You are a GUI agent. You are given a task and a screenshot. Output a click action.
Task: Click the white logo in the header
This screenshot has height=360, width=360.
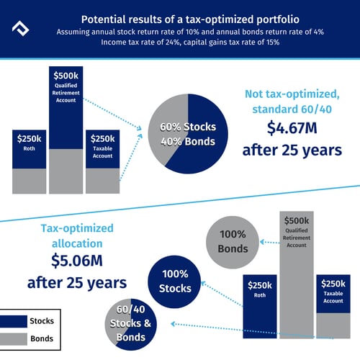[x=20, y=29]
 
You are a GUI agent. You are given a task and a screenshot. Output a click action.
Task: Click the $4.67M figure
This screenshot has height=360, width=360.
[x=292, y=128]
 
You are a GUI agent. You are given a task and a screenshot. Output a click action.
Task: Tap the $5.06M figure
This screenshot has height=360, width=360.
[x=77, y=261]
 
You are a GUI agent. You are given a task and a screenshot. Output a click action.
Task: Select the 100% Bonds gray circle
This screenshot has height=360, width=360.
[x=233, y=242]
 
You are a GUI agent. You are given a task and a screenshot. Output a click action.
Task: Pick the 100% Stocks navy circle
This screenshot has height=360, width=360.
[x=174, y=282]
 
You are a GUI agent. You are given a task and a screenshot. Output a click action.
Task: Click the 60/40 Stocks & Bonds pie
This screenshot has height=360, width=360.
[x=131, y=324]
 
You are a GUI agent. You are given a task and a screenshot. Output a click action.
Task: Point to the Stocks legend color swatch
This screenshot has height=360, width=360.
[x=14, y=321]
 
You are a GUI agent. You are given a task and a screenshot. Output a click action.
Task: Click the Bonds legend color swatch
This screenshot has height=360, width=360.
[x=14, y=339]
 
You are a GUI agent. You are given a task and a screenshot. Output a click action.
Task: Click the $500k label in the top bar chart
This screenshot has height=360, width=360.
[x=66, y=76]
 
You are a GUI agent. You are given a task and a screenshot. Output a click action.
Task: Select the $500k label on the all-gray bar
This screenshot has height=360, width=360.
[x=297, y=220]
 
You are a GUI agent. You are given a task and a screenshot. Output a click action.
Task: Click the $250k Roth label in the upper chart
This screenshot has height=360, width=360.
[x=29, y=143]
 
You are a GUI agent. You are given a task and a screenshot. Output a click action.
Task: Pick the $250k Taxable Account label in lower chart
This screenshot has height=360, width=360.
[x=333, y=292]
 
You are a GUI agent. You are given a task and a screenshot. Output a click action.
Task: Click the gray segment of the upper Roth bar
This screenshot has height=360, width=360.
[x=29, y=181]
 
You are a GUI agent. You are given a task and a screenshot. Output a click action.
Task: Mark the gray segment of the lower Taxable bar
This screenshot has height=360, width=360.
[x=333, y=325]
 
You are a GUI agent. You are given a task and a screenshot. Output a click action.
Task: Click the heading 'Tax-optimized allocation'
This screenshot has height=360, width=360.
[x=77, y=236]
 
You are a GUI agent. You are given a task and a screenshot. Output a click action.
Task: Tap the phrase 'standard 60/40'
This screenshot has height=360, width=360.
[x=292, y=109]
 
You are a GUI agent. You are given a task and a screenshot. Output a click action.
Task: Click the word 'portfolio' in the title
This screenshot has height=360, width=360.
[x=278, y=20]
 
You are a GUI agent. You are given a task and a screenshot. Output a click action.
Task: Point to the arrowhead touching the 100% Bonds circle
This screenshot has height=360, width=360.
[x=262, y=242]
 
